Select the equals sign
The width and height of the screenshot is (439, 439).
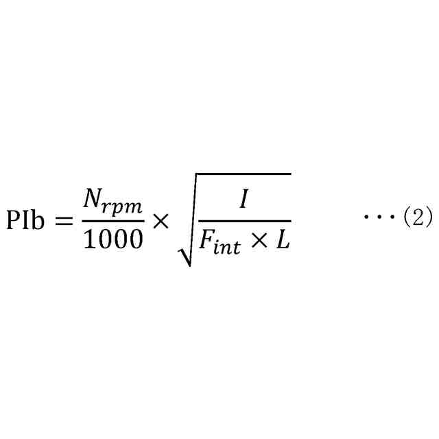coord(62,221)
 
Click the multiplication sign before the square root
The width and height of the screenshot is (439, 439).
coord(160,221)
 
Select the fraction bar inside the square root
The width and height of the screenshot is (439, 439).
coord(244,221)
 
